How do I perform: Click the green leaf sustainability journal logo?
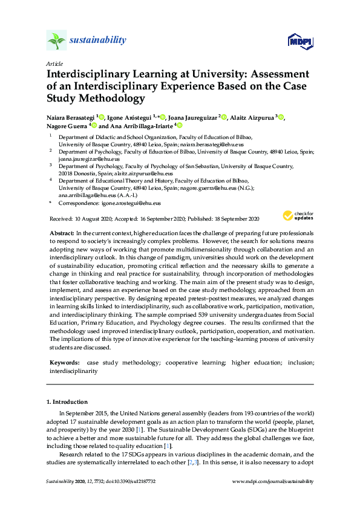(56, 41)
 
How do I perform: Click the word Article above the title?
(53, 63)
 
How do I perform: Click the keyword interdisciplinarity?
(73, 371)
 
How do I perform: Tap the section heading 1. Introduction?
(67, 402)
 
